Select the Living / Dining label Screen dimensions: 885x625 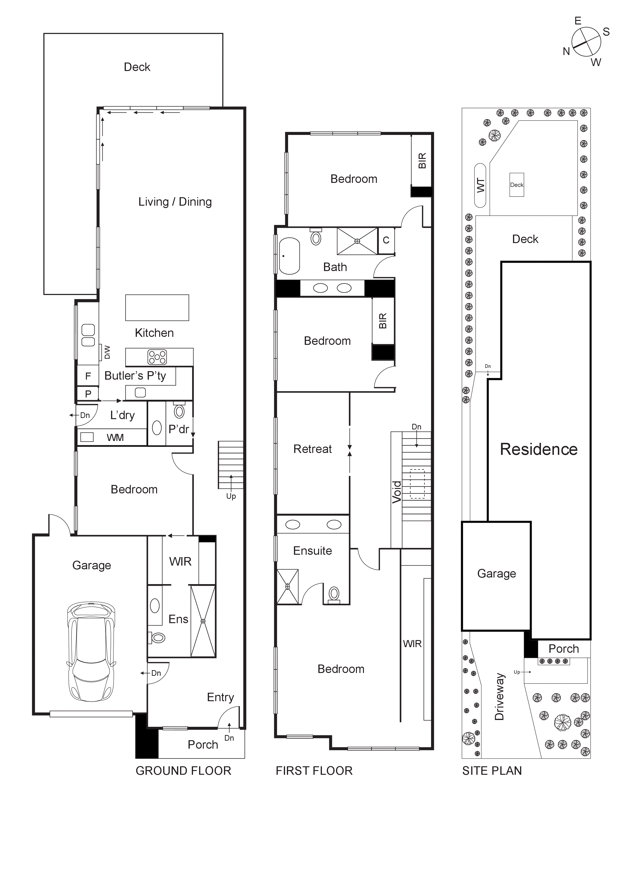(175, 202)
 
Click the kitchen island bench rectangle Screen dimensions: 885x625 (157, 308)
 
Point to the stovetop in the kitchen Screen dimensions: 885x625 (157, 357)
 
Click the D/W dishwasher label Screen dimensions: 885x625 (107, 352)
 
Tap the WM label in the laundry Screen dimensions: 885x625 (115, 437)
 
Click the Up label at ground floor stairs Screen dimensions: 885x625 (231, 496)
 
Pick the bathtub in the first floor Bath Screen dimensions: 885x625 (289, 256)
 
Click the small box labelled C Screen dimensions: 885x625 (386, 240)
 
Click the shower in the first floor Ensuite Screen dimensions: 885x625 (287, 586)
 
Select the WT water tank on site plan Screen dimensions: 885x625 (480, 185)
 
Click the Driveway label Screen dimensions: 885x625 (499, 696)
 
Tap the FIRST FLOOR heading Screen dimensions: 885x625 (314, 771)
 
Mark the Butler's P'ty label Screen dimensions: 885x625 (135, 376)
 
